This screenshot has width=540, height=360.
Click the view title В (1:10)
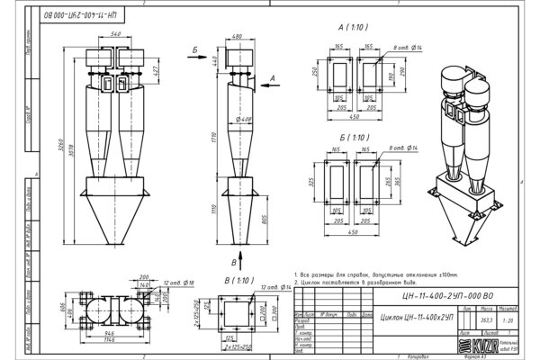(236, 281)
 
